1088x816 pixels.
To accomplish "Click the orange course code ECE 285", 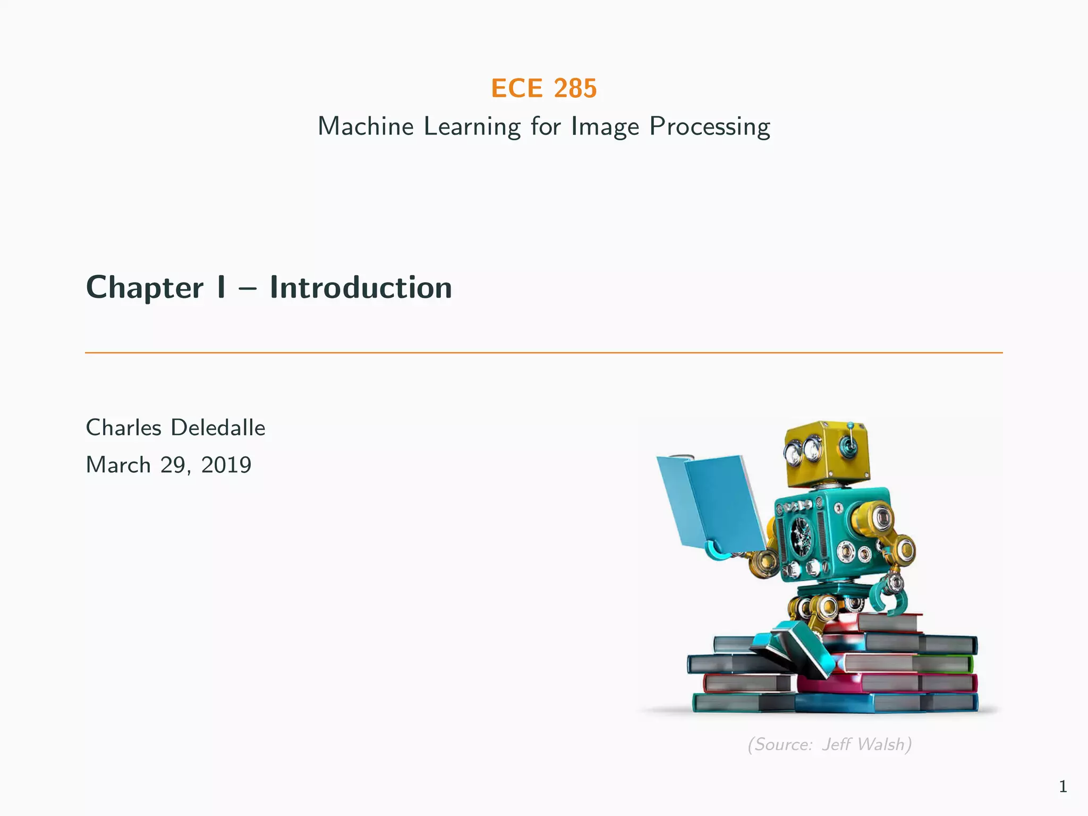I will [x=543, y=88].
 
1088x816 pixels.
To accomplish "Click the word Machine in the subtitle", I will [x=365, y=127].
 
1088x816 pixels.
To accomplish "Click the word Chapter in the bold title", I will [x=144, y=288].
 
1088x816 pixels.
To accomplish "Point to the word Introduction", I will [x=361, y=288].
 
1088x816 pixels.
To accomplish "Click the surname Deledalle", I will [x=218, y=428].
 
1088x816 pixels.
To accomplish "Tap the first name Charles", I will [x=123, y=428].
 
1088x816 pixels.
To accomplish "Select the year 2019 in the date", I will [x=226, y=465].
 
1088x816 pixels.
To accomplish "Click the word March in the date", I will [x=118, y=465].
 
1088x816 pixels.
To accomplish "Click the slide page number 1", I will [x=1062, y=786].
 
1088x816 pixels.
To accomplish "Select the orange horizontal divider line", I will [x=543, y=352].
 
